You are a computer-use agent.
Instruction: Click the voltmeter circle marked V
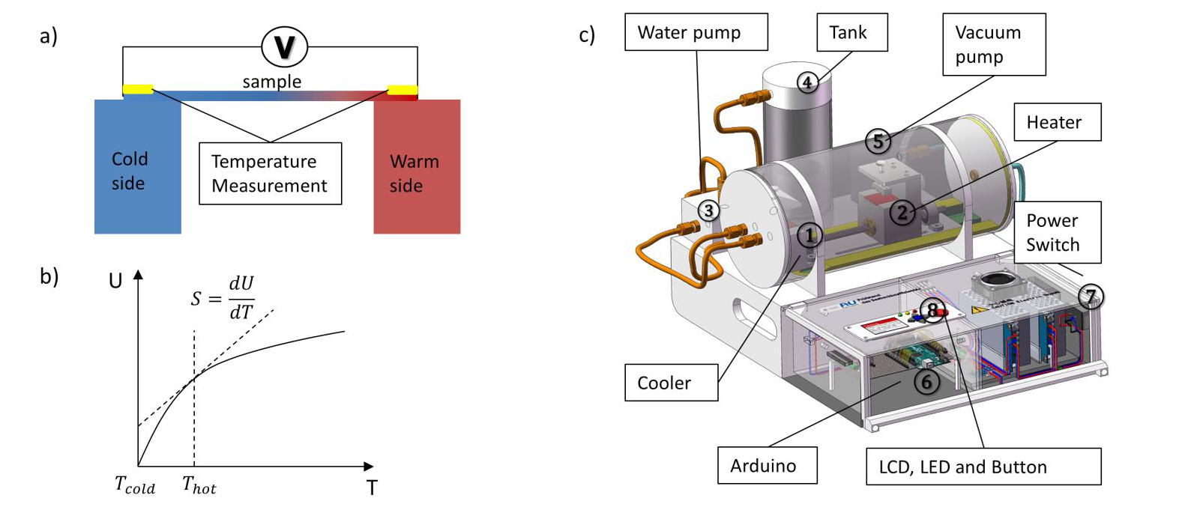(x=285, y=46)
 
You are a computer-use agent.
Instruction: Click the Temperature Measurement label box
(x=270, y=174)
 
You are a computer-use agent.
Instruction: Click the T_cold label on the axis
(x=135, y=486)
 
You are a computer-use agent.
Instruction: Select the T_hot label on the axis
(x=199, y=486)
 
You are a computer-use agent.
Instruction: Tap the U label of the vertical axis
(x=115, y=281)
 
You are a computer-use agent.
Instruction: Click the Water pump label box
(x=696, y=32)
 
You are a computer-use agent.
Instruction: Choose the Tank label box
(x=851, y=32)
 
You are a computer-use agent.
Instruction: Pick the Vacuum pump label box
(x=993, y=44)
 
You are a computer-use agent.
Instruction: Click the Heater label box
(x=1057, y=122)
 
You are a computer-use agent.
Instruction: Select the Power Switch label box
(x=1057, y=232)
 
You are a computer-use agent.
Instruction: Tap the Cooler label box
(x=671, y=383)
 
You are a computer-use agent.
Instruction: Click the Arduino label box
(x=767, y=466)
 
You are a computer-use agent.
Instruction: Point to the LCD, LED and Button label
(x=983, y=467)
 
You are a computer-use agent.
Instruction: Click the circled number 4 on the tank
(x=807, y=82)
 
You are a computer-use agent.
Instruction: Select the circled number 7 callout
(x=1091, y=297)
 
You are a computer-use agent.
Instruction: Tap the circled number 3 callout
(x=708, y=210)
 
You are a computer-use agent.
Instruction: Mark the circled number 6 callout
(x=926, y=381)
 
